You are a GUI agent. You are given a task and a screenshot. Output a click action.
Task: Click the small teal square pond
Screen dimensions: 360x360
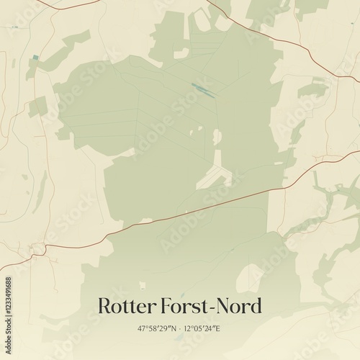34,58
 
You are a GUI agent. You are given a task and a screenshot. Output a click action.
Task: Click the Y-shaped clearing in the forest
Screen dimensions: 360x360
215,175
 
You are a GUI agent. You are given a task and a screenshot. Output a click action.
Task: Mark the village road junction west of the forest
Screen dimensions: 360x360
36,250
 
